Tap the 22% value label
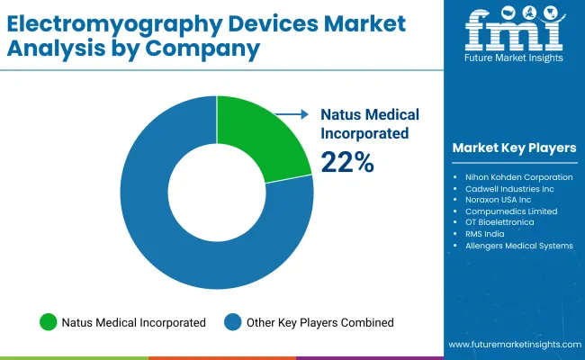pos(347,162)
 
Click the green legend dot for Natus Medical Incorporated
pos(48,322)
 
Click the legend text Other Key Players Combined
pos(319,322)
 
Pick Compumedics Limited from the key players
pos(511,211)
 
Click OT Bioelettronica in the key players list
pos(505,222)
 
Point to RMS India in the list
pos(485,234)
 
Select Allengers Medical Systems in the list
pos(518,246)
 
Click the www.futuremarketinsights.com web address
pos(512,345)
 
